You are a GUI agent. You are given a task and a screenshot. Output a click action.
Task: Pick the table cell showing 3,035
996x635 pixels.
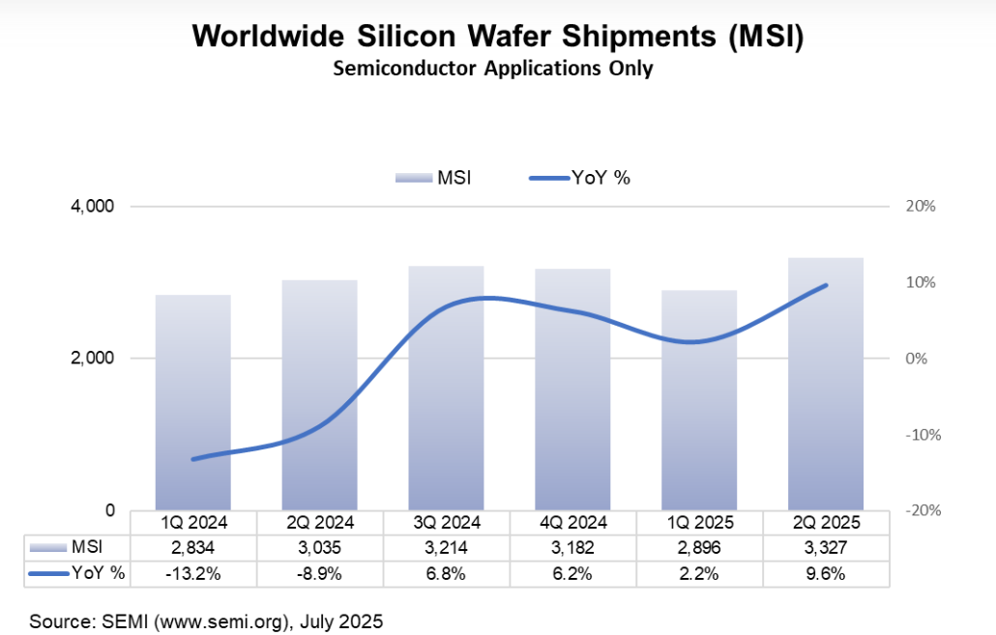319,547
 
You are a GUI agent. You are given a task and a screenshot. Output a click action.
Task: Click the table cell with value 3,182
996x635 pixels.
572,547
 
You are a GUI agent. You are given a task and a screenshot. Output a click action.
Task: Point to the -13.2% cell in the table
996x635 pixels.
193,572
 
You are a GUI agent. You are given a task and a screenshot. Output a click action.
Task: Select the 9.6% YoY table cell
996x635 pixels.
826,572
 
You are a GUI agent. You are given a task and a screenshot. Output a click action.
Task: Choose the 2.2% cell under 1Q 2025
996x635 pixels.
699,572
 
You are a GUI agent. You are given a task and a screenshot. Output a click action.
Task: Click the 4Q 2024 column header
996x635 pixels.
572,522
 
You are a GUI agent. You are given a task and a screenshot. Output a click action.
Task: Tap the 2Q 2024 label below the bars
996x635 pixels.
319,522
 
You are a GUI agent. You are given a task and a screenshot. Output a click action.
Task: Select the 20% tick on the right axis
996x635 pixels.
921,207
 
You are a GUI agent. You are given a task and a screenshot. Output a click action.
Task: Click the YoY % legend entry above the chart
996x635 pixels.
580,177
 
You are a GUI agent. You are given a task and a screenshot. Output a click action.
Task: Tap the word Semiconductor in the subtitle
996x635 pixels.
395,69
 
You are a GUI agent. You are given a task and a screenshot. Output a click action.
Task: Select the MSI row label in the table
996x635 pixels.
85,547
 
